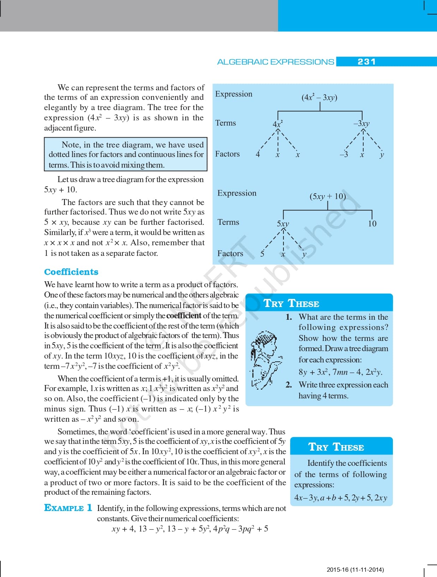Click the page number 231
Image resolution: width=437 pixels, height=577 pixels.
click(366, 62)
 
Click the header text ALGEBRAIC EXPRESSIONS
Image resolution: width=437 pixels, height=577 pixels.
click(275, 62)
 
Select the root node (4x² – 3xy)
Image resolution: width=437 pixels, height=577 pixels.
click(319, 97)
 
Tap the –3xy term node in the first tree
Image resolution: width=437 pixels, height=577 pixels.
click(361, 124)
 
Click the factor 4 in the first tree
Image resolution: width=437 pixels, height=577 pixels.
click(258, 154)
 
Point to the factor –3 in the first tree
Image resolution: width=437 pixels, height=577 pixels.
click(344, 154)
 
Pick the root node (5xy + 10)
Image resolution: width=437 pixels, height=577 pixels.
click(328, 196)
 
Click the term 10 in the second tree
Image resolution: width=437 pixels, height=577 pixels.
click(372, 223)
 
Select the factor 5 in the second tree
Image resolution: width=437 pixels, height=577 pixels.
click(262, 254)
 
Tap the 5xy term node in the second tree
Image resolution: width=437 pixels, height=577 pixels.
click(283, 223)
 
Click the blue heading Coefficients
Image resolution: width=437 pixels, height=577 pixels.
click(71, 272)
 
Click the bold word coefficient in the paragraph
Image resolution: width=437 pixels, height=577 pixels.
click(184, 315)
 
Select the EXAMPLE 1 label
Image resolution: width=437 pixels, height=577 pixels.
click(68, 508)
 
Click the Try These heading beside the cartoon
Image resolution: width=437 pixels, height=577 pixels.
click(291, 303)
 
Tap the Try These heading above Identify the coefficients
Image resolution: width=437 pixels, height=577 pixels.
click(336, 447)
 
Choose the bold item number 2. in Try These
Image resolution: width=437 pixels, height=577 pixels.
click(289, 385)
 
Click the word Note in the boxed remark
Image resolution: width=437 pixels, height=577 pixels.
click(70, 145)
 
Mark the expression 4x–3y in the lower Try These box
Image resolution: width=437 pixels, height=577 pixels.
click(306, 498)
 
